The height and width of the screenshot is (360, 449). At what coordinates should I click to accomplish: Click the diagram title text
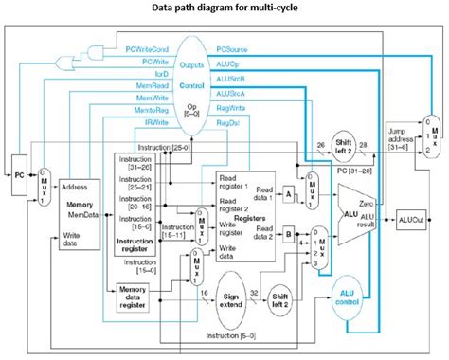click(x=224, y=10)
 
